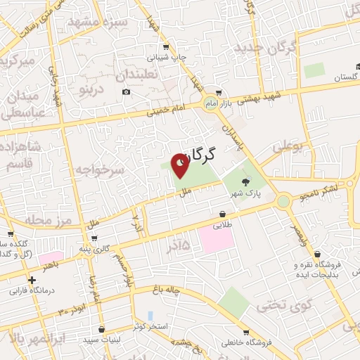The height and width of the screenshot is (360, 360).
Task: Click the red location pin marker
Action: pyautogui.click(x=181, y=165)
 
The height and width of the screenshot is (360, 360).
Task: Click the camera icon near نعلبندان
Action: pyautogui.click(x=126, y=92)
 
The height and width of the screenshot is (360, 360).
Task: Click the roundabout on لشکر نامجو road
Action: pyautogui.click(x=283, y=202)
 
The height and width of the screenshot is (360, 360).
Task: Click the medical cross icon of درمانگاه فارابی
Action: pyautogui.click(x=32, y=280)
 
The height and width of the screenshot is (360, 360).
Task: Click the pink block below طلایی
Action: pyautogui.click(x=216, y=238)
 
